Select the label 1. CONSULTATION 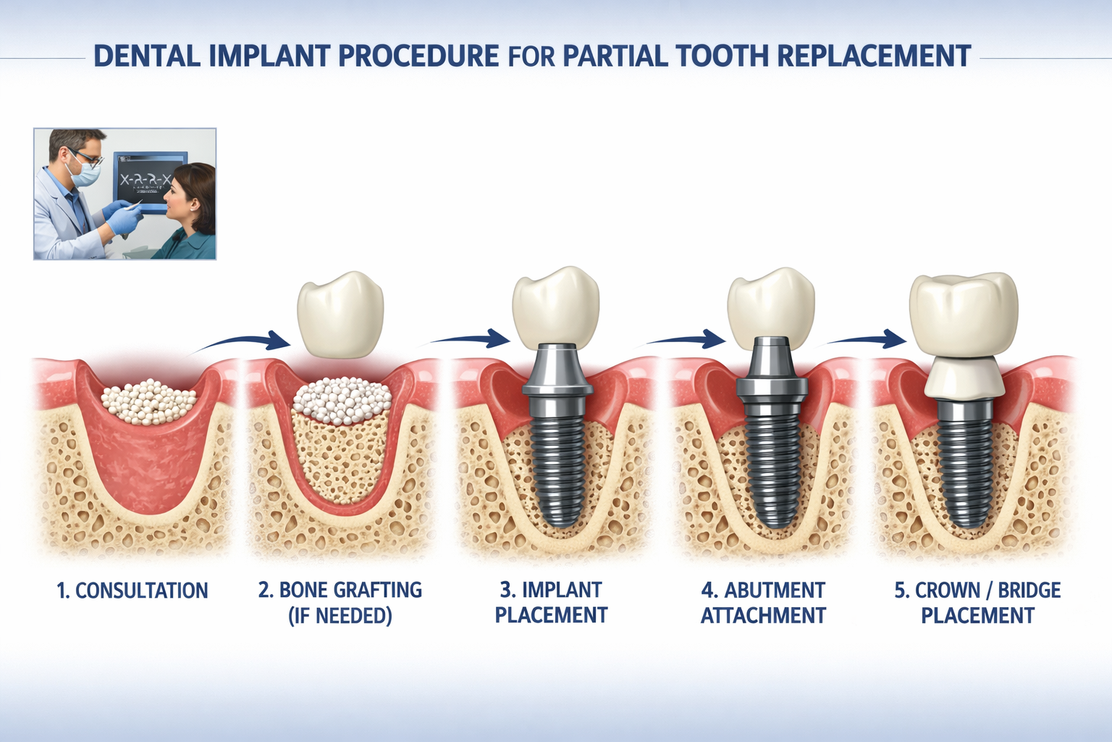[132, 591]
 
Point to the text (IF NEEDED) [340, 616]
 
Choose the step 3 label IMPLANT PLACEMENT [551, 603]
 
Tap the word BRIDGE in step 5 [1029, 591]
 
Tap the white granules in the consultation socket [148, 402]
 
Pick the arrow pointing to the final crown [865, 338]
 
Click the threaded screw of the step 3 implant [556, 464]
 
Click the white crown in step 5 [963, 315]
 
